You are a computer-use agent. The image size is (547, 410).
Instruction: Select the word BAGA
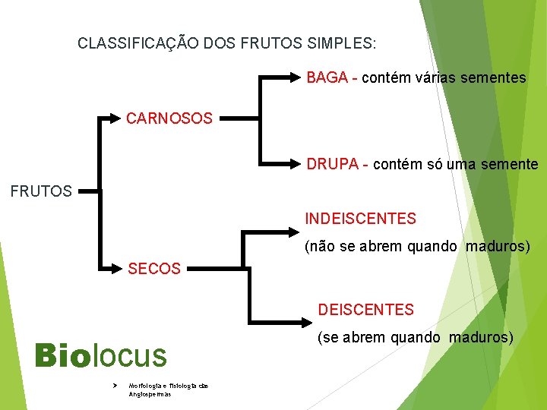click(327, 77)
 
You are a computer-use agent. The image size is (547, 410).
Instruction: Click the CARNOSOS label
click(169, 118)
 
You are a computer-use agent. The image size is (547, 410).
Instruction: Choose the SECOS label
click(154, 269)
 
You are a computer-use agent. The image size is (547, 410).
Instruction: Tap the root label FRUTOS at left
click(41, 191)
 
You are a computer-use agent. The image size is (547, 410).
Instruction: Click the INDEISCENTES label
click(360, 219)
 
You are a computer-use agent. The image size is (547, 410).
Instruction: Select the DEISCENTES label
click(365, 310)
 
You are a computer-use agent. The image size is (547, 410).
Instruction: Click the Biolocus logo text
click(100, 355)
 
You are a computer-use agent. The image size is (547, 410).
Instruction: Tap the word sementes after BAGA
click(494, 77)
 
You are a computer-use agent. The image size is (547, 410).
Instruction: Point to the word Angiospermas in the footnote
click(150, 394)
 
